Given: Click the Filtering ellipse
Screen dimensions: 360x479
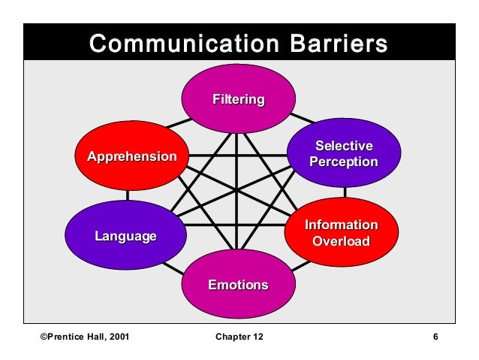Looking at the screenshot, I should [238, 99].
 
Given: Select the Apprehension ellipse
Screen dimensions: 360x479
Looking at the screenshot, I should [132, 156].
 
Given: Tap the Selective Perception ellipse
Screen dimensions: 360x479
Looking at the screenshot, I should [343, 153].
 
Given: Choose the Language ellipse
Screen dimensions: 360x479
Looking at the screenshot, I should [125, 236].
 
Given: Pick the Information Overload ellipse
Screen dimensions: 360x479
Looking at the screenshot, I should [341, 233].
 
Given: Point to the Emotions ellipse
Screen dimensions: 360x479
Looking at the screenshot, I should [238, 285].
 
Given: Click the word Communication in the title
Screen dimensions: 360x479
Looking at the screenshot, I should [181, 44].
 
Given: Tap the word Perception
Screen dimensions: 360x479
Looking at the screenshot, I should [343, 162].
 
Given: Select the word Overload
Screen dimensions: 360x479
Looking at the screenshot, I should [341, 241].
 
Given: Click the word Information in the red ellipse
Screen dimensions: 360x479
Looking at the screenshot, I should [341, 225].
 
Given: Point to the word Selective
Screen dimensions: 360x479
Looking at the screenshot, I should [343, 146].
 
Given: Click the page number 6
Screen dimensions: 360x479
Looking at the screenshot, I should [435, 336].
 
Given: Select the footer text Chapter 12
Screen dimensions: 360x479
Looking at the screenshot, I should [239, 336].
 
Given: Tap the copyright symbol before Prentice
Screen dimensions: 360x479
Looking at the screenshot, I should [42, 336].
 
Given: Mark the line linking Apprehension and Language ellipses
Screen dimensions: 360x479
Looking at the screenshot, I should [128, 195].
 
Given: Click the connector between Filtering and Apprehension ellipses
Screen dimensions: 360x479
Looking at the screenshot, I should [178, 123].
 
